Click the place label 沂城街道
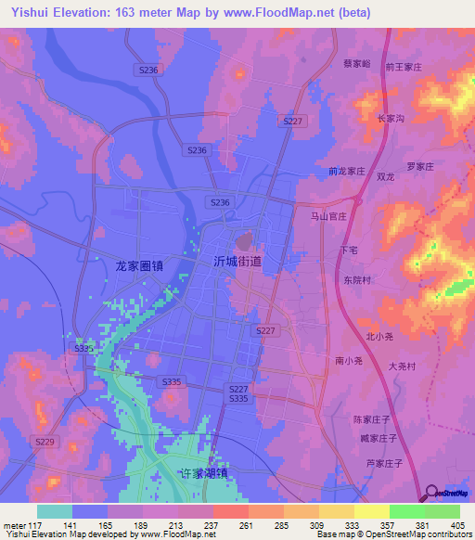click(x=237, y=263)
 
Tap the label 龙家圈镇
click(x=139, y=265)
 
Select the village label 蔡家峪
click(x=356, y=64)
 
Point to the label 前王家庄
click(x=404, y=68)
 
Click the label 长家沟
click(x=391, y=119)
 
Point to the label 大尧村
click(x=401, y=366)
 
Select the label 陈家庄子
click(x=373, y=419)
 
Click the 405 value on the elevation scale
click(x=456, y=524)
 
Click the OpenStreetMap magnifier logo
click(x=432, y=494)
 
